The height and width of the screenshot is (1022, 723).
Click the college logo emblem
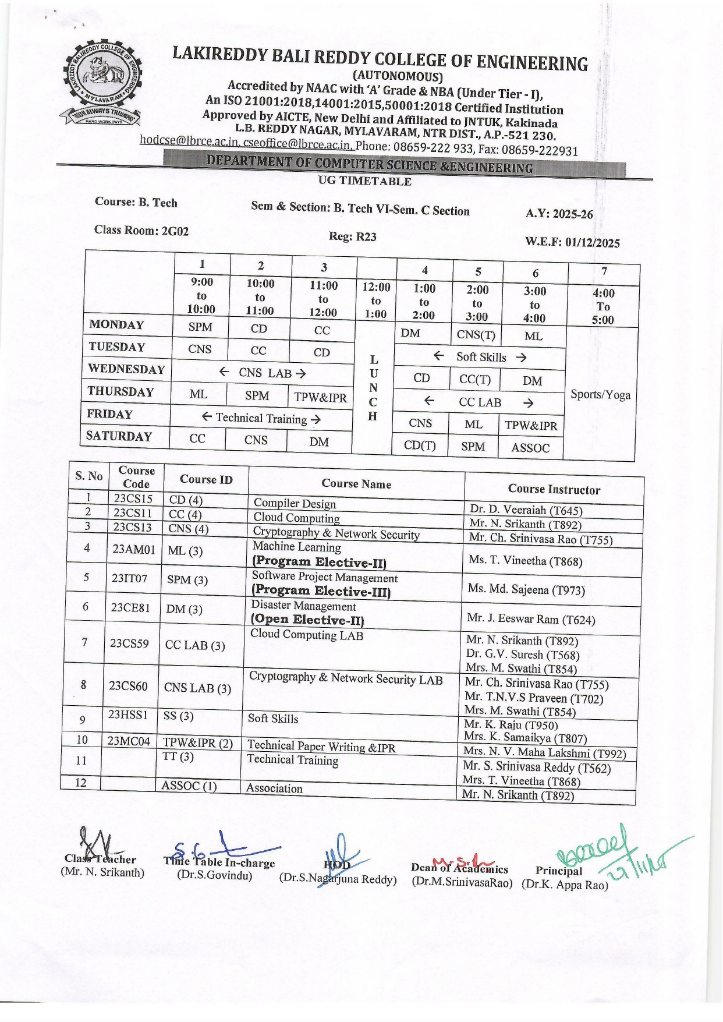101,82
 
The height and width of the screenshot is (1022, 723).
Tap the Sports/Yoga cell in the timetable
600,394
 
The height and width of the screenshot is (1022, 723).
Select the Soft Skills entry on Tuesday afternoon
480,357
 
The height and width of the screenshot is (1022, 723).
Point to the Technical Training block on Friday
261,418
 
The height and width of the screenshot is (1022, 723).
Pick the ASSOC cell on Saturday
530,448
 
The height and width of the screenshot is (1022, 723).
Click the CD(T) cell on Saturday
420,445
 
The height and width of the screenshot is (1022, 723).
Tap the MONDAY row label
116,325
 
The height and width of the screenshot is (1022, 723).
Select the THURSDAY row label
120,391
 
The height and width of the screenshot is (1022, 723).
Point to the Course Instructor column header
554,489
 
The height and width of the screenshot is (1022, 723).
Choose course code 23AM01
134,549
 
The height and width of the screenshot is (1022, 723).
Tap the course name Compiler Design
295,503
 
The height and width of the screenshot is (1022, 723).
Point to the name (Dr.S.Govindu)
215,875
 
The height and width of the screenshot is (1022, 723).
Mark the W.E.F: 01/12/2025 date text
572,242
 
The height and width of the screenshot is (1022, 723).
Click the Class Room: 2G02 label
141,230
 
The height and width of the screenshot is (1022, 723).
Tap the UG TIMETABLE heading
365,181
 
